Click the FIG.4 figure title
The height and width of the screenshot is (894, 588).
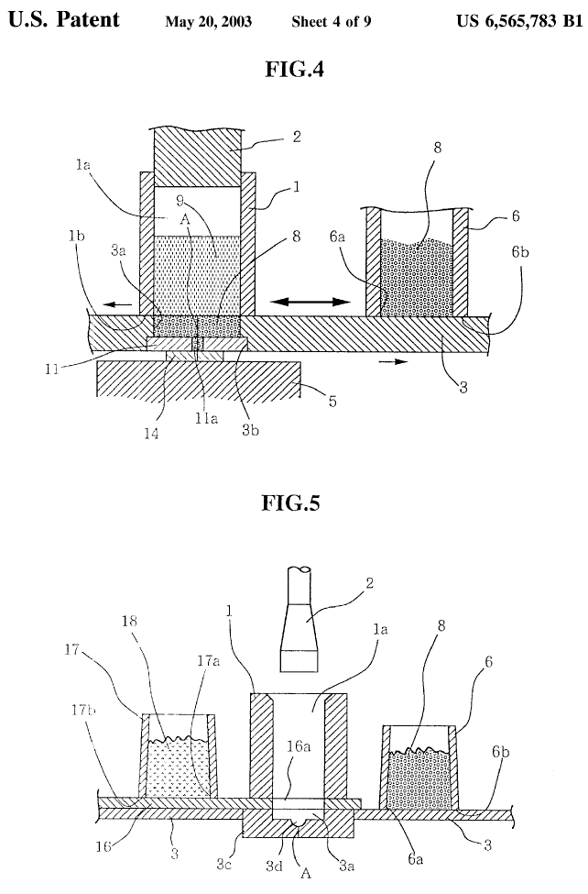pyautogui.click(x=295, y=70)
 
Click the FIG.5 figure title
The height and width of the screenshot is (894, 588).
pyautogui.click(x=290, y=502)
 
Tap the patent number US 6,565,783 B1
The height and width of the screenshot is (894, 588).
pyautogui.click(x=519, y=21)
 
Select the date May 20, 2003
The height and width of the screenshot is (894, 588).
pyautogui.click(x=209, y=22)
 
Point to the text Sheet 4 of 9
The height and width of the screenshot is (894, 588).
pyautogui.click(x=332, y=22)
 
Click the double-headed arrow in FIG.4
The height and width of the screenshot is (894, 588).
pyautogui.click(x=310, y=302)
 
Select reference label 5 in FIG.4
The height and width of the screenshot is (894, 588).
pyautogui.click(x=332, y=402)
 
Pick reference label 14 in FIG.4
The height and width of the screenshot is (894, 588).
pyautogui.click(x=151, y=434)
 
